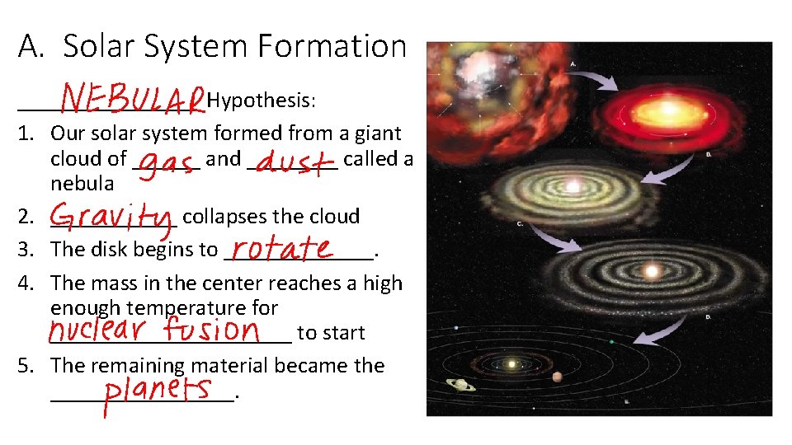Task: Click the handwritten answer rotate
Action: [x=281, y=248]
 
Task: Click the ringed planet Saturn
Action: [x=460, y=384]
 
